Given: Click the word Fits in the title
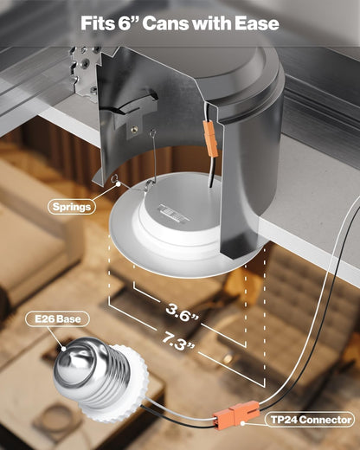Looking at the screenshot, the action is [x=98, y=23].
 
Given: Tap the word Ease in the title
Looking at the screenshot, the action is [x=257, y=23].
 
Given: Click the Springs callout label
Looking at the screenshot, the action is [x=72, y=207].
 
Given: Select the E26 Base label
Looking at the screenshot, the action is [x=58, y=319].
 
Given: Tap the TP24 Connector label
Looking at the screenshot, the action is [x=311, y=420].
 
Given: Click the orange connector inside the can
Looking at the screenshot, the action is [x=211, y=138].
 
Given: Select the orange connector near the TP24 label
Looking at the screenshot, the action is [x=236, y=414].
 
